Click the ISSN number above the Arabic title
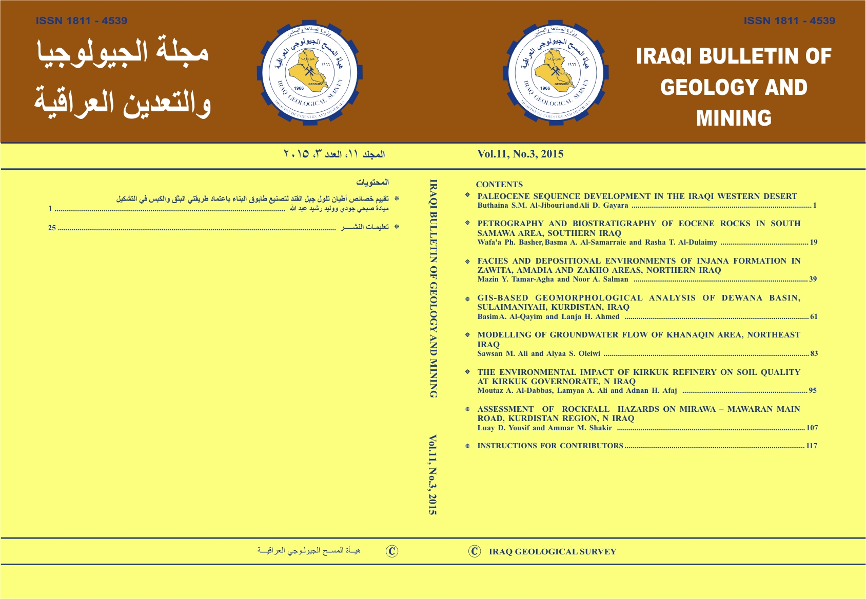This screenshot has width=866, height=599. pyautogui.click(x=82, y=21)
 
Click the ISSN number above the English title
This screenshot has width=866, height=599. pyautogui.click(x=789, y=21)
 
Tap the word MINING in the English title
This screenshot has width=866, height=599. pyautogui.click(x=734, y=118)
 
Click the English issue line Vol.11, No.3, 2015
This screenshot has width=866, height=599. pyautogui.click(x=520, y=154)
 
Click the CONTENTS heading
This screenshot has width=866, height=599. pyautogui.click(x=499, y=185)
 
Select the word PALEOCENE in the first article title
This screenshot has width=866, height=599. pyautogui.click(x=503, y=196)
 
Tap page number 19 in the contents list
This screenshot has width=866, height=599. pyautogui.click(x=813, y=242)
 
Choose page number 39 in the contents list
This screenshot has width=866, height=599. pyautogui.click(x=813, y=279)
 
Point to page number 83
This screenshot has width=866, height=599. pyautogui.click(x=814, y=353)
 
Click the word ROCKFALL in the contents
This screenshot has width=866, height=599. pyautogui.click(x=585, y=409)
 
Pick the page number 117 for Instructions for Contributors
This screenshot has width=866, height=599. pyautogui.click(x=811, y=446)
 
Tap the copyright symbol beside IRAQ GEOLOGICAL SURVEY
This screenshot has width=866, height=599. pyautogui.click(x=475, y=551)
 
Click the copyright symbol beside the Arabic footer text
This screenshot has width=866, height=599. pyautogui.click(x=392, y=551)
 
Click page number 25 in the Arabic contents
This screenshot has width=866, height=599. pyautogui.click(x=52, y=228)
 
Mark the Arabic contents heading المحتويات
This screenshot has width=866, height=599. pyautogui.click(x=372, y=183)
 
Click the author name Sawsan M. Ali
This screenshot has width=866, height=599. pyautogui.click(x=502, y=353)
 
